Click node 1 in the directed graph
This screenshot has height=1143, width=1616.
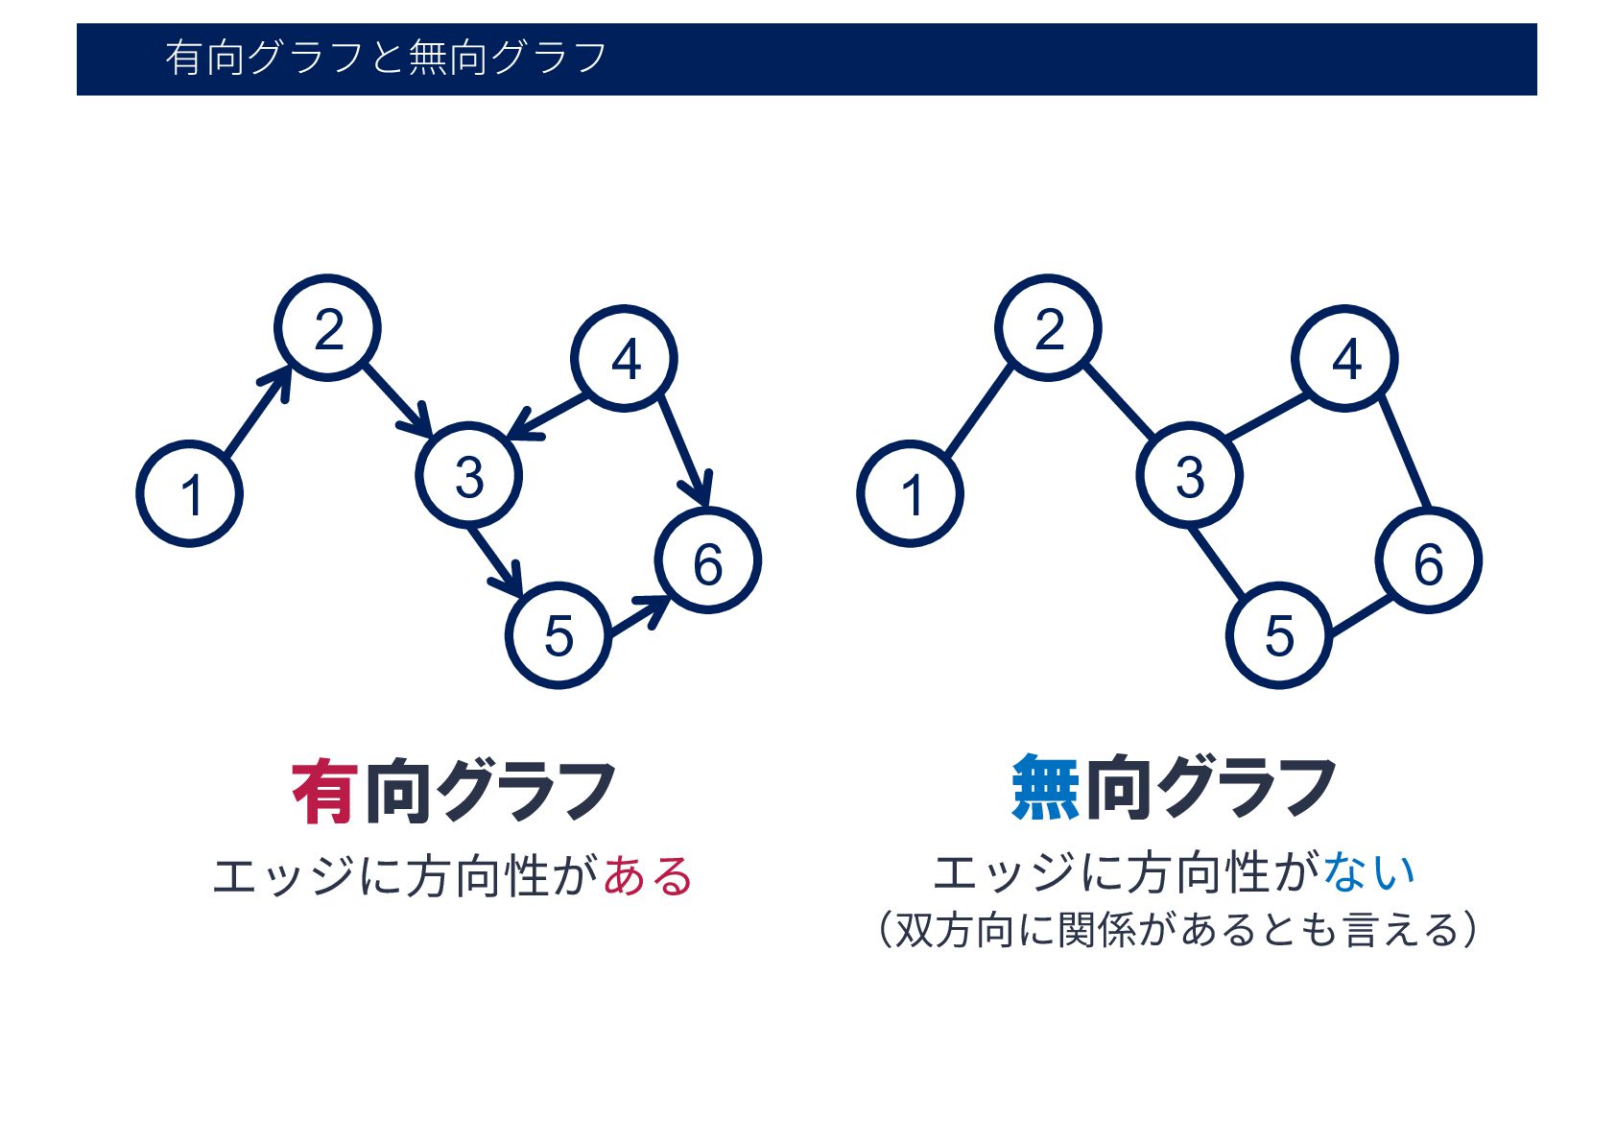tap(190, 494)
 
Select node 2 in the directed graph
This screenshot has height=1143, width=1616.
tap(327, 328)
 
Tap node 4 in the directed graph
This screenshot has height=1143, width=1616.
tap(625, 359)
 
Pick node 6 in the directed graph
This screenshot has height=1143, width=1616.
tap(708, 561)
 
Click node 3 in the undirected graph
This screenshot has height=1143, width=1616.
tap(1190, 475)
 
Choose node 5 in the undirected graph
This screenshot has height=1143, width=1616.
tap(1279, 635)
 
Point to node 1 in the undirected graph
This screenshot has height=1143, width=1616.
tap(911, 494)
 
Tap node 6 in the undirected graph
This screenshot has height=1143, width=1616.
tap(1429, 561)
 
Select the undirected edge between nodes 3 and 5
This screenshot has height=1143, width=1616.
tap(1218, 562)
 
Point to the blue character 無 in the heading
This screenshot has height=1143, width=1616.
tap(1045, 788)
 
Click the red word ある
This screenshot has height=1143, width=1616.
tap(648, 876)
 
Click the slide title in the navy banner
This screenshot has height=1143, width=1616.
tap(386, 58)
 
